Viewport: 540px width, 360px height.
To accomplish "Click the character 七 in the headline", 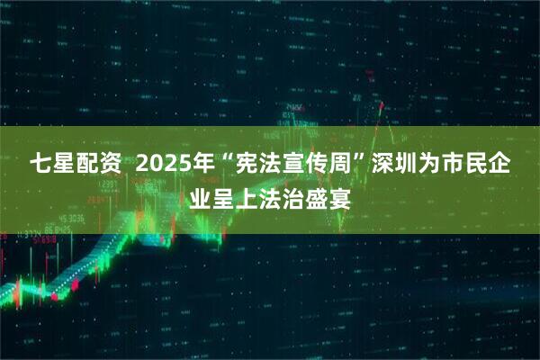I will [x=41, y=166].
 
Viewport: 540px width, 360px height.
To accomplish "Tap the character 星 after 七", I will [x=68, y=166].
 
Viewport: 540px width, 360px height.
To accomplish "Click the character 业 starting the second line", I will [x=202, y=196].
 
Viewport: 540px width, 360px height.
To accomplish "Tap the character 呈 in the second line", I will [x=229, y=196].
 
